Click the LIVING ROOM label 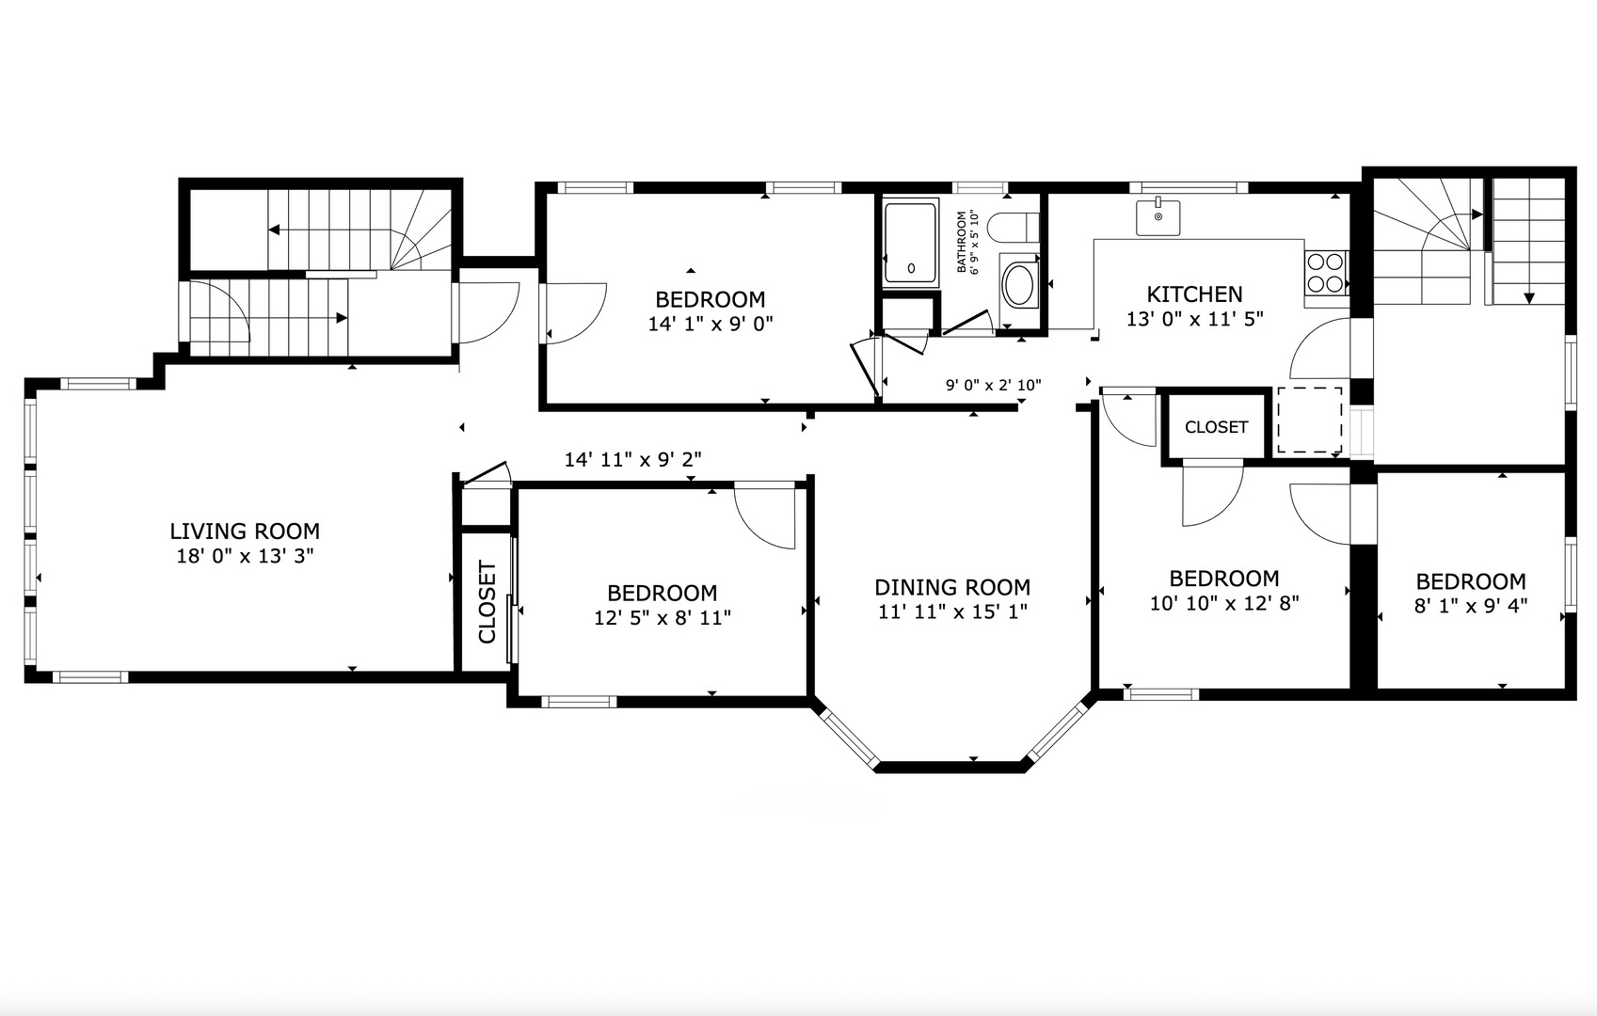click(245, 531)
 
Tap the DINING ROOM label click(952, 587)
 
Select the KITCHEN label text click(1194, 294)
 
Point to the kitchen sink click(1158, 216)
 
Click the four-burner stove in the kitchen click(1326, 273)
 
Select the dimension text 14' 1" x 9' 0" click(711, 325)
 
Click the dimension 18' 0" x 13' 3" click(245, 556)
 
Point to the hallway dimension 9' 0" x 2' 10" click(993, 386)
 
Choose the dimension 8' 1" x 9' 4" click(1470, 606)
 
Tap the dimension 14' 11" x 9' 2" click(632, 459)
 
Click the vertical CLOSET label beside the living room click(487, 602)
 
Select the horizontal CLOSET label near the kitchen click(1216, 427)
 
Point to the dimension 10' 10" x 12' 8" click(1224, 603)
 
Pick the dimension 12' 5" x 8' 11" click(663, 617)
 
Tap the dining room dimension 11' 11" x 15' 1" click(952, 611)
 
